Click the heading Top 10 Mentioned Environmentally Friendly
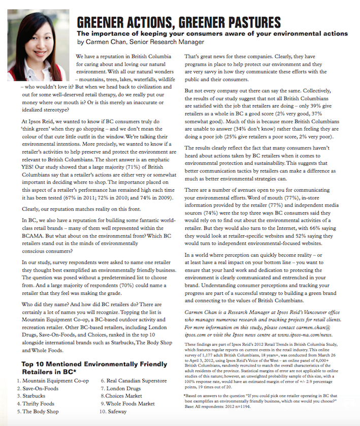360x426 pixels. point(94,364)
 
